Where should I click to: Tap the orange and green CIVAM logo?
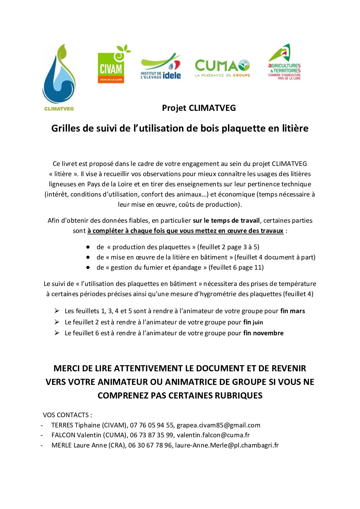[111, 67]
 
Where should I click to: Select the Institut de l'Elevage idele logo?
[161, 67]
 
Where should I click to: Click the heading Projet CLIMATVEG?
[199, 108]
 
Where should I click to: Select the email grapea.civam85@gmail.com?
[218, 425]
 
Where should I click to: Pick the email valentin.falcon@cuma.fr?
[213, 435]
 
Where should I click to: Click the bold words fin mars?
[293, 311]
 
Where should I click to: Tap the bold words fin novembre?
[263, 333]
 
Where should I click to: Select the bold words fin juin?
[253, 322]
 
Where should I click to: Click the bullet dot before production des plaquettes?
[88, 247]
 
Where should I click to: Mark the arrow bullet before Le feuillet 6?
[57, 333]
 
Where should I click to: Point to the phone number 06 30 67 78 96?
[150, 445]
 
